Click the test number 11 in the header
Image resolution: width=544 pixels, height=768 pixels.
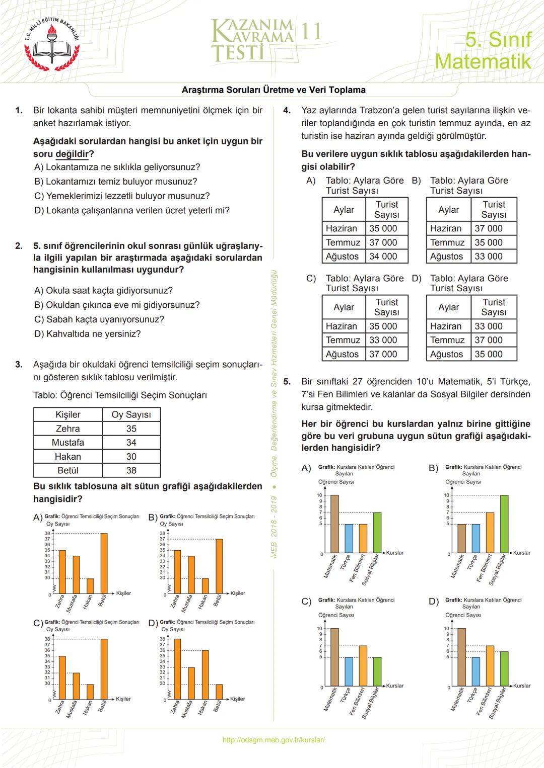pyautogui.click(x=311, y=32)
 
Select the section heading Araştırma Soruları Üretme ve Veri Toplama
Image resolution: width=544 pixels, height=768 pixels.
pyautogui.click(x=274, y=90)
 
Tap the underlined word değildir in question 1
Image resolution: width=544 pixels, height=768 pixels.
pyautogui.click(x=72, y=154)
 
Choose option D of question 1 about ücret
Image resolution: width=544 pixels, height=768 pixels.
pyautogui.click(x=132, y=210)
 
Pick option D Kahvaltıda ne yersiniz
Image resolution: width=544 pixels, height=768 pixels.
pyautogui.click(x=88, y=333)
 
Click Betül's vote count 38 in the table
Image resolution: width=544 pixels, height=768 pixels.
pyautogui.click(x=131, y=470)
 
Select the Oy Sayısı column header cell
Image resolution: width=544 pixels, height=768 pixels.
pyautogui.click(x=131, y=414)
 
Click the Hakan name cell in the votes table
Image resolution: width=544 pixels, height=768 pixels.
pyautogui.click(x=68, y=456)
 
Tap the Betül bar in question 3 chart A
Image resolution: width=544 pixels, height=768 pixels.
pyautogui.click(x=104, y=563)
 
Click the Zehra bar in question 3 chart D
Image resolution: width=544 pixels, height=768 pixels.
pyautogui.click(x=177, y=669)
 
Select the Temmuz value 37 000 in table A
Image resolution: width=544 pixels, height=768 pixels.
pyautogui.click(x=383, y=242)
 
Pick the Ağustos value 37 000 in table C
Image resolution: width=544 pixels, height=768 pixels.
pyautogui.click(x=383, y=354)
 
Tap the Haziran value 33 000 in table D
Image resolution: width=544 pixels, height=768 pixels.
pyautogui.click(x=489, y=326)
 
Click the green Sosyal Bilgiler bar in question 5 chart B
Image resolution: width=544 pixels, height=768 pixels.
pyautogui.click(x=504, y=524)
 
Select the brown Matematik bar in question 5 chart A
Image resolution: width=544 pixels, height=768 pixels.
pyautogui.click(x=334, y=524)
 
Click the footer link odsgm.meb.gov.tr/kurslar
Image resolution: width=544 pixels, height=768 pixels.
pyautogui.click(x=274, y=740)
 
